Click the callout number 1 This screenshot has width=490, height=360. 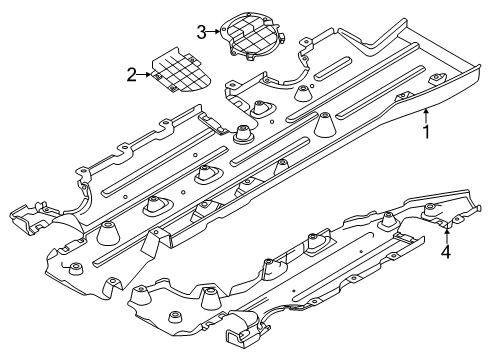(x=427, y=130)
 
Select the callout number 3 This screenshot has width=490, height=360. (x=201, y=32)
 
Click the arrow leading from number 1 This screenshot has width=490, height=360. (x=426, y=114)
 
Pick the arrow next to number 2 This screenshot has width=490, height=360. (x=145, y=73)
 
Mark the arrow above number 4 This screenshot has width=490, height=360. (x=446, y=236)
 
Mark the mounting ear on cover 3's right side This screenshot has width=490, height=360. (x=279, y=40)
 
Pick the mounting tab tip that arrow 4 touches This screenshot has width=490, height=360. (x=447, y=227)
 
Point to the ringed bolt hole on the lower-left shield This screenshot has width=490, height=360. (x=76, y=267)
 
